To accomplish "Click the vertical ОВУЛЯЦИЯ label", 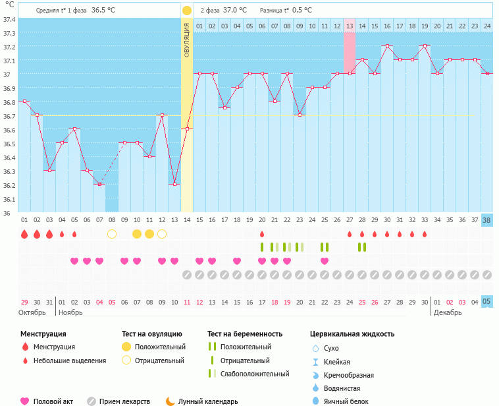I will (187, 40).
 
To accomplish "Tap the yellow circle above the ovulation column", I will (187, 11).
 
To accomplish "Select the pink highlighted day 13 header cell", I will (350, 26).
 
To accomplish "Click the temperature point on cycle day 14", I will (187, 129).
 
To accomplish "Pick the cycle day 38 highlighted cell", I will (486, 219).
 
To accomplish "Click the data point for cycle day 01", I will (24, 101).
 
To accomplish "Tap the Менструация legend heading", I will (43, 334).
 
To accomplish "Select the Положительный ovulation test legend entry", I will (160, 347).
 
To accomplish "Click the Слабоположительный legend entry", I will (255, 374).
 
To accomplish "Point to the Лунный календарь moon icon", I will (171, 401).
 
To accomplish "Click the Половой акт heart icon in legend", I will (25, 401).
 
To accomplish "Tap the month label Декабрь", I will (448, 312).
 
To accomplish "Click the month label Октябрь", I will (32, 312).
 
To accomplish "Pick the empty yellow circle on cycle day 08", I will (112, 234).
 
